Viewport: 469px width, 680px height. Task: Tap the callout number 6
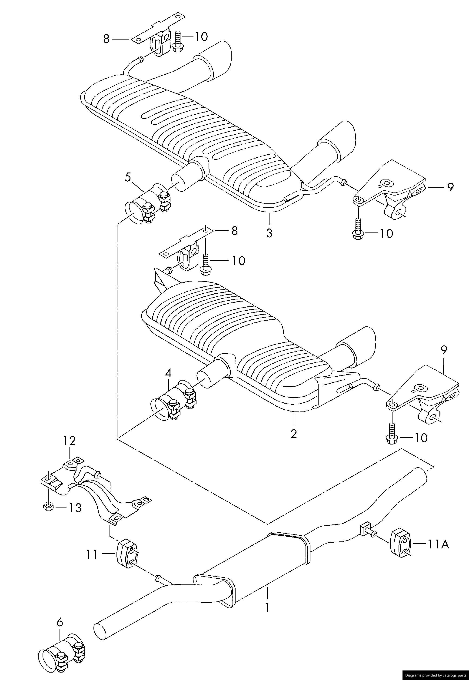click(60, 630)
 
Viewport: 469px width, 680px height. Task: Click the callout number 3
click(269, 233)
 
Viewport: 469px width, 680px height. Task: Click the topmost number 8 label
click(106, 39)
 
